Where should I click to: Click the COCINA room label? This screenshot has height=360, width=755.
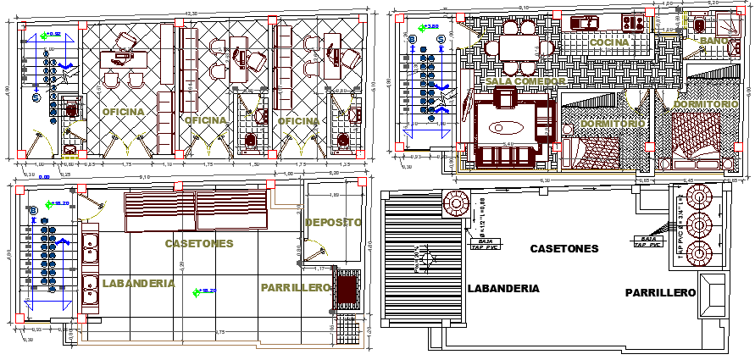[609, 42]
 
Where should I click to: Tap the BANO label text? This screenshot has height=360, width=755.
[709, 41]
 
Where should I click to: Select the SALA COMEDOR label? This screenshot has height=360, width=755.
[525, 80]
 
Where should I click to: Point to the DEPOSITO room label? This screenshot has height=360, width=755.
[333, 222]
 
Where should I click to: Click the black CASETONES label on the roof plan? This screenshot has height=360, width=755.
[564, 248]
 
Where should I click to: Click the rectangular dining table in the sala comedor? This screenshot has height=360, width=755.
[518, 45]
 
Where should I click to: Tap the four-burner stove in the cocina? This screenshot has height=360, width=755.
[633, 21]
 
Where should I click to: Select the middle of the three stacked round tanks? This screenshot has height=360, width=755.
[700, 227]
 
